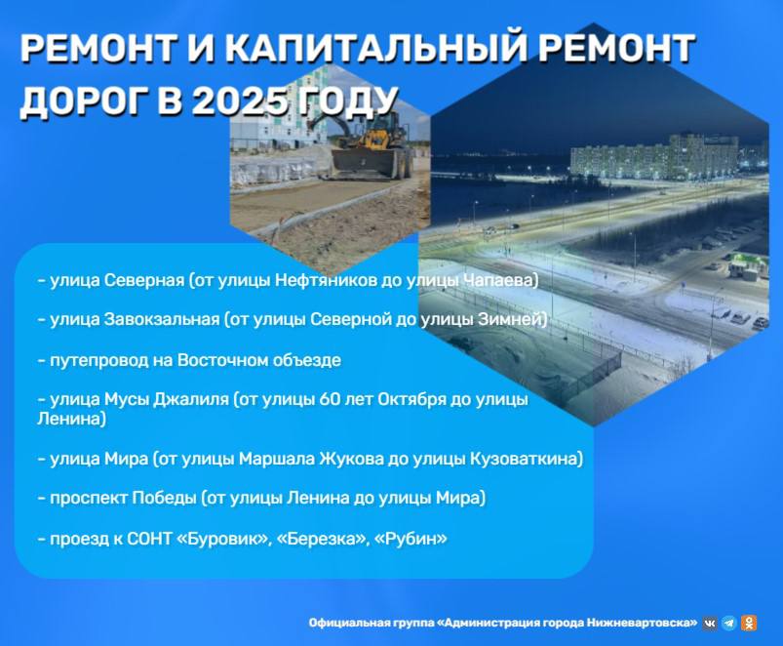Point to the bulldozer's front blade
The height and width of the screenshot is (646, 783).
[x=364, y=163]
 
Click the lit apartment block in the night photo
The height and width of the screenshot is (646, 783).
[x=654, y=156]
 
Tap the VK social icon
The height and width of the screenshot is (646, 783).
[x=710, y=623]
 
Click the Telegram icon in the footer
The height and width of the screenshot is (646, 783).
[x=729, y=623]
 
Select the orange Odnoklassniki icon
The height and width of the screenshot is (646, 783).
[x=749, y=623]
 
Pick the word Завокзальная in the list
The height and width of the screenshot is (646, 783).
[x=162, y=319]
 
